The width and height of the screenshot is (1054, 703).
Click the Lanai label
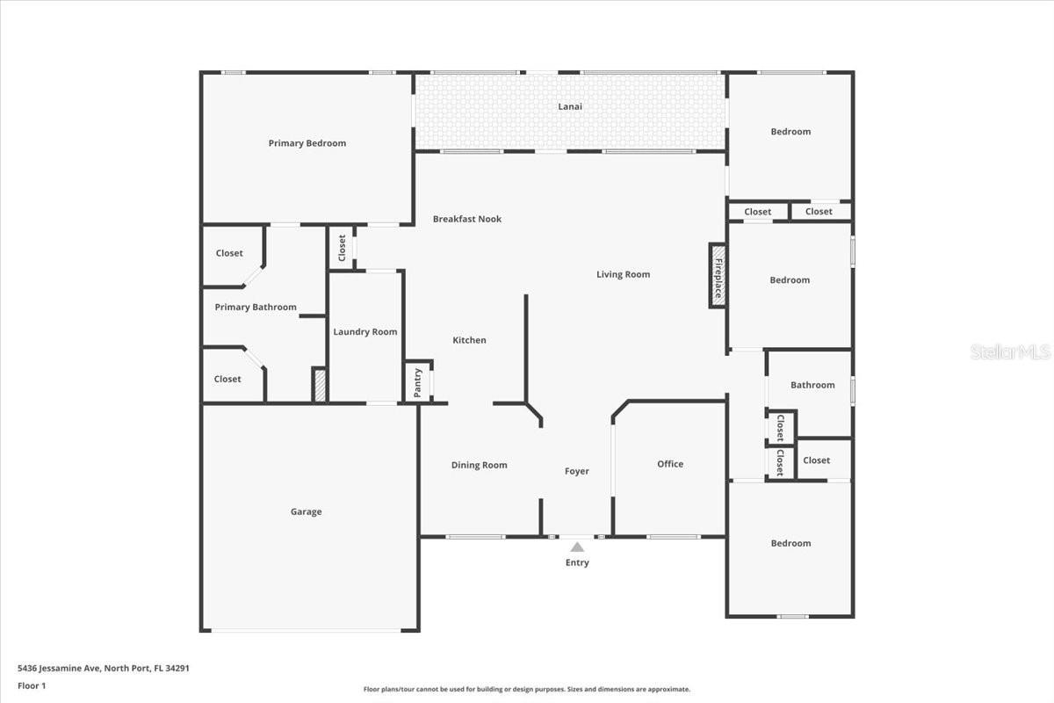pos(570,106)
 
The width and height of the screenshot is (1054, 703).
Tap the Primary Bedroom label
pos(307,143)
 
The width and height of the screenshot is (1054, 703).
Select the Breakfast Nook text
pos(467,219)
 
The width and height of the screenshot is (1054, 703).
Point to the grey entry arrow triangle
pos(577,547)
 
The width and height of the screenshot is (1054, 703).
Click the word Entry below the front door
pos(577,562)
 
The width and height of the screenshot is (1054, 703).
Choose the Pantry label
pos(417,383)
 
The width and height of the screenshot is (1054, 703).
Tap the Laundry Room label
pos(365,332)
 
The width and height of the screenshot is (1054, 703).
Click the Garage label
pos(307,511)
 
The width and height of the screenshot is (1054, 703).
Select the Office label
pos(670,464)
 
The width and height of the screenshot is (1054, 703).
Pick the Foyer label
pos(577,471)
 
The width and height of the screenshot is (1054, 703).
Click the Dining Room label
pos(480,465)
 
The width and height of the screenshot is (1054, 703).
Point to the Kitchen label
pos(470,340)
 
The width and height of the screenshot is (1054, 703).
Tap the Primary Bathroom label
pos(256,307)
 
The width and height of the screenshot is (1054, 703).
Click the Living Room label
pos(624,274)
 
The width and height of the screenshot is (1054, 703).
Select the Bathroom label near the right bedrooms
pos(812,385)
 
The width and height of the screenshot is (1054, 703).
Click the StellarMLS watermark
pos(1010,351)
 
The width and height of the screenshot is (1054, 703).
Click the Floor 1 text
pos(32,686)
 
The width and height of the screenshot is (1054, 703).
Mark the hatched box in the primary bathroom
pos(320,386)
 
